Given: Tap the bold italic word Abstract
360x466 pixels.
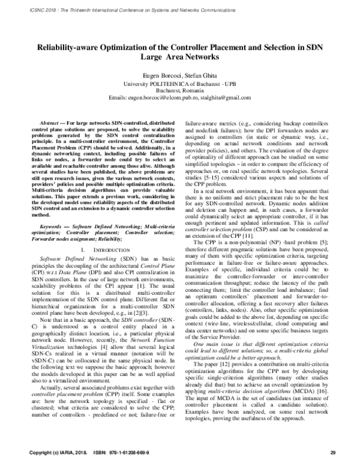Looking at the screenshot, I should pos(50,121).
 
